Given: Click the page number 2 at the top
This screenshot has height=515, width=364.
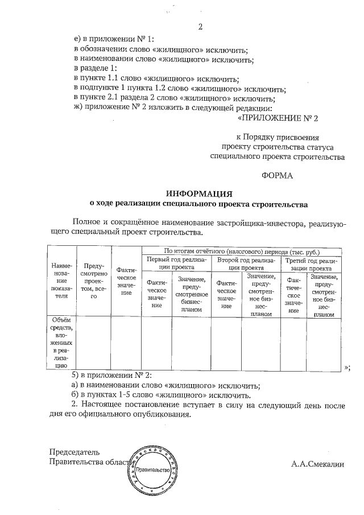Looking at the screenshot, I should (200, 26).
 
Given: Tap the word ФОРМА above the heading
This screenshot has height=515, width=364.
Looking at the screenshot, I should (277, 176).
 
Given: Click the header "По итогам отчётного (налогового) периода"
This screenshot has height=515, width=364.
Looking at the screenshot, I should (241, 251).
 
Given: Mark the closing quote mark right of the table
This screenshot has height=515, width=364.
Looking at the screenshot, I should (347, 367).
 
